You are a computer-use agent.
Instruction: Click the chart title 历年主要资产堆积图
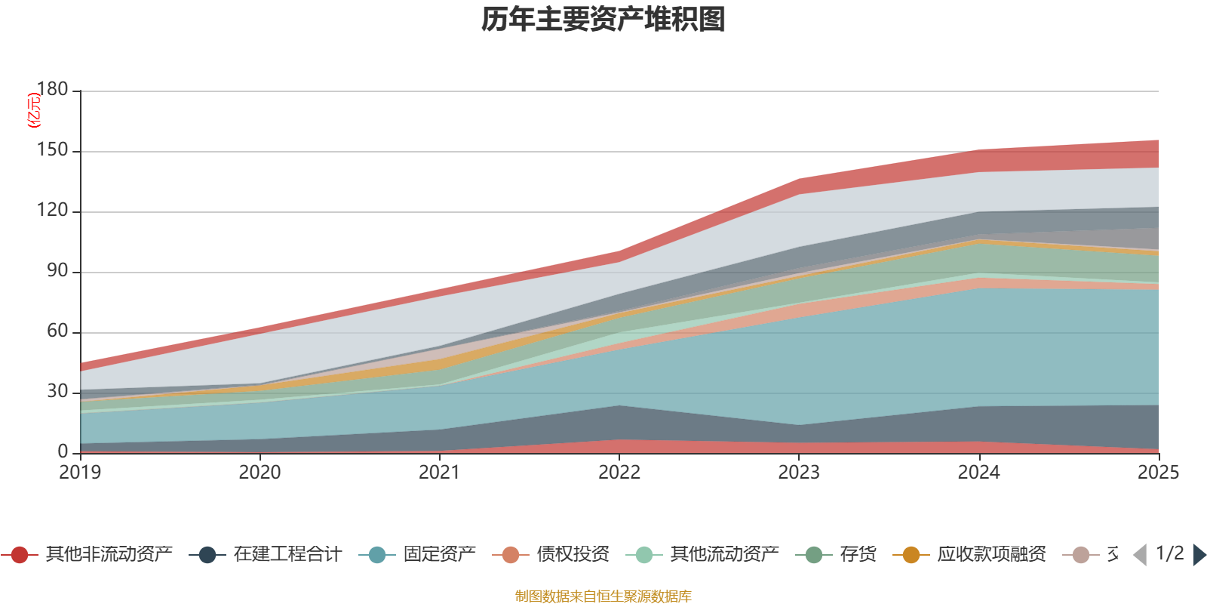pos(603,20)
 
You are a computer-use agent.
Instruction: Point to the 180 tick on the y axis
pos(52,89)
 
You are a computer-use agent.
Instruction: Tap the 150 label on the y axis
pos(52,150)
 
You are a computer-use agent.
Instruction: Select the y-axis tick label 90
pos(57,271)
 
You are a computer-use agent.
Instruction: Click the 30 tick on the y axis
pos(57,392)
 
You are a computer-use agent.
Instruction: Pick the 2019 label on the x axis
pos(80,473)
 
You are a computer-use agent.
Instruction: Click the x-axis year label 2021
pos(439,473)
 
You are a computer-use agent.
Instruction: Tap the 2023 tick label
pos(799,473)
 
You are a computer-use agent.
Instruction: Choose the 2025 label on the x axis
pos(1157,473)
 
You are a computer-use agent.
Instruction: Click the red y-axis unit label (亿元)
pos(33,110)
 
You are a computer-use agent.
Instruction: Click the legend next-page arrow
pos(1199,555)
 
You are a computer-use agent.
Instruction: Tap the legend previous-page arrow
pos(1140,555)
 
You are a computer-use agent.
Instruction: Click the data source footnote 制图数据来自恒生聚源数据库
pos(603,596)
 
